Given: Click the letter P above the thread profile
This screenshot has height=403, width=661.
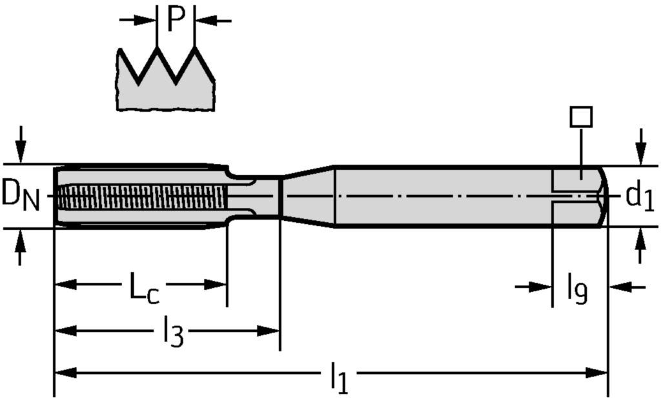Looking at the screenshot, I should [x=176, y=20].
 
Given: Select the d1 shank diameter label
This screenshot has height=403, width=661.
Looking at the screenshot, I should [x=639, y=196].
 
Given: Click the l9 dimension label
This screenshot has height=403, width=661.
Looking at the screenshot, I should [x=577, y=289].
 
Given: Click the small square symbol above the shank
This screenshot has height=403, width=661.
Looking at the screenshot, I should [x=581, y=117].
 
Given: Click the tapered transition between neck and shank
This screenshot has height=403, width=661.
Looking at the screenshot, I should [x=307, y=196].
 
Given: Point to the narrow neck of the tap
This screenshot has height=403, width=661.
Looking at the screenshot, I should [x=255, y=196].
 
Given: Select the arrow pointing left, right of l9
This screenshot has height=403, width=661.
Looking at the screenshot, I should [x=620, y=286].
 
